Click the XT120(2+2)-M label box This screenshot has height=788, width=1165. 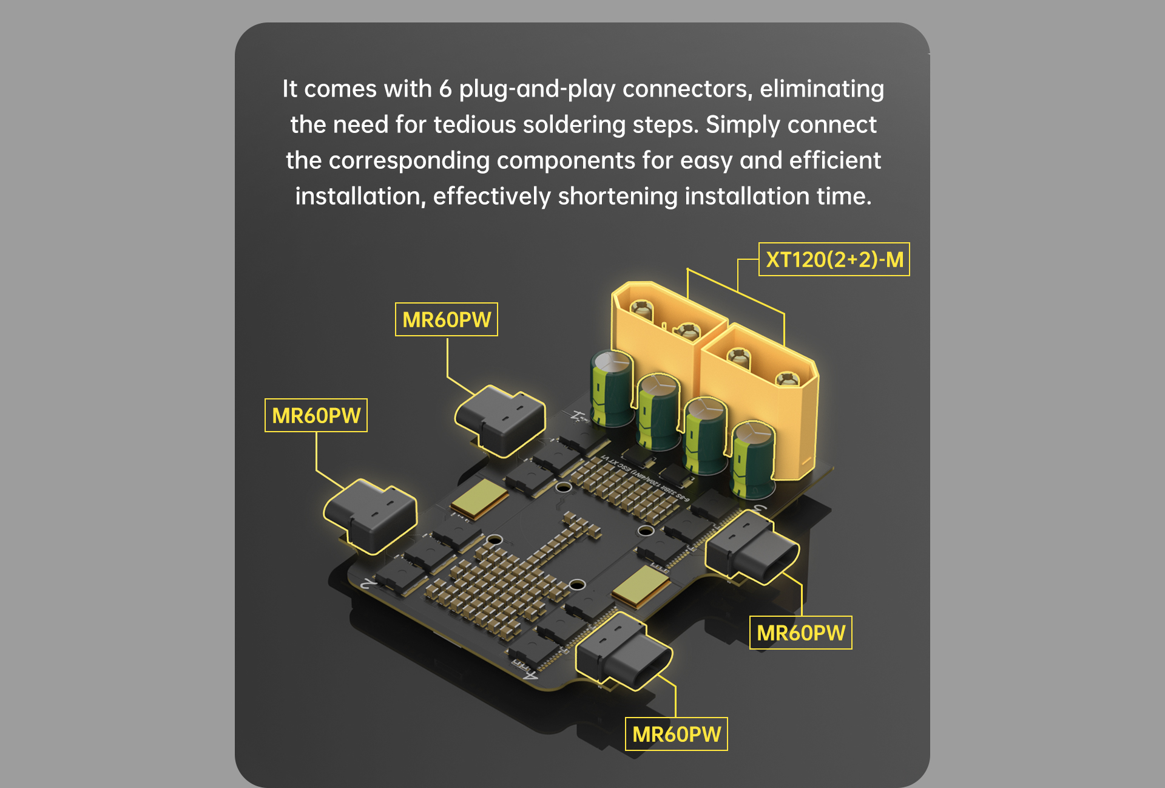pyautogui.click(x=834, y=259)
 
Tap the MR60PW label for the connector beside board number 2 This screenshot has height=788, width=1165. pyautogui.click(x=316, y=415)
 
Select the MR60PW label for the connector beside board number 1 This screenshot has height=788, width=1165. pyautogui.click(x=446, y=319)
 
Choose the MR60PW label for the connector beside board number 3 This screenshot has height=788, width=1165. pyautogui.click(x=800, y=633)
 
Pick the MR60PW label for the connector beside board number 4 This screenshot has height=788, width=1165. pyautogui.click(x=676, y=734)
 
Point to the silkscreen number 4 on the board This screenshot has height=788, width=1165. pyautogui.click(x=529, y=674)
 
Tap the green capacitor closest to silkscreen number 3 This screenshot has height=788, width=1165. pyautogui.click(x=752, y=458)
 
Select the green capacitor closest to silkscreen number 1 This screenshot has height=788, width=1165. pyautogui.click(x=612, y=389)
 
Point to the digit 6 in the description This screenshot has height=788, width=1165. pyautogui.click(x=445, y=89)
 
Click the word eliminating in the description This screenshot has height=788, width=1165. pyautogui.click(x=822, y=89)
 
